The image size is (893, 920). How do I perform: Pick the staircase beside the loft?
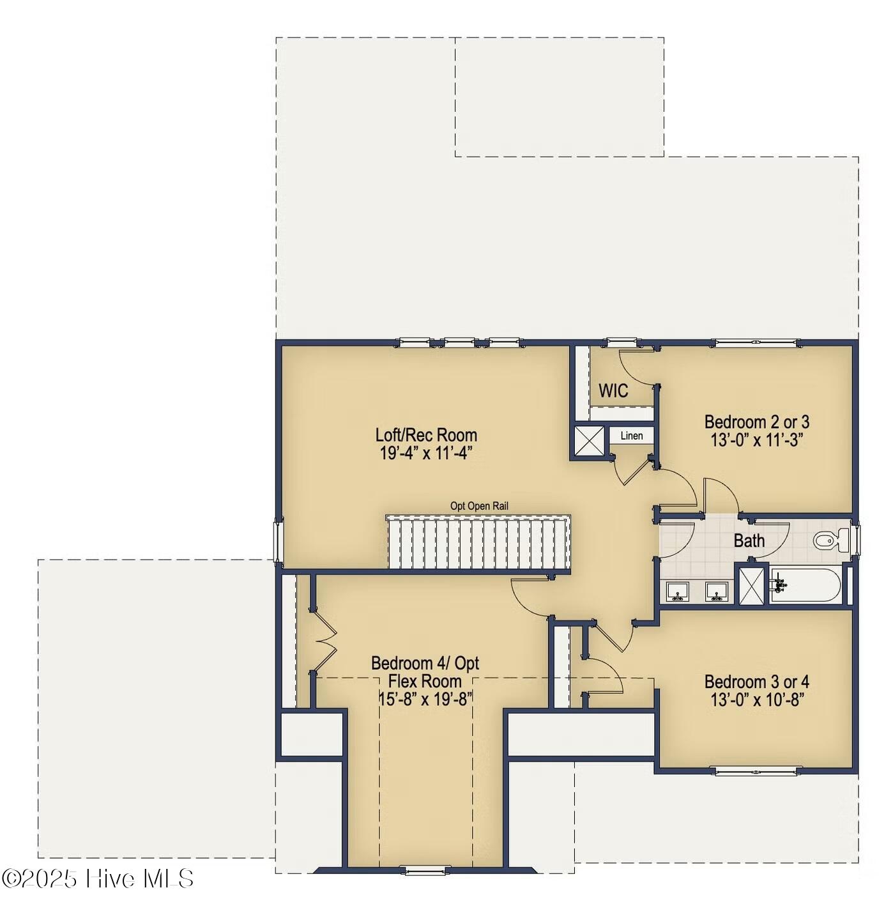[x=474, y=540]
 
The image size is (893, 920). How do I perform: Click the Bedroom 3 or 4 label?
[x=752, y=681]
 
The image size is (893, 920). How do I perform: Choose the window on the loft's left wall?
[x=276, y=537]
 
